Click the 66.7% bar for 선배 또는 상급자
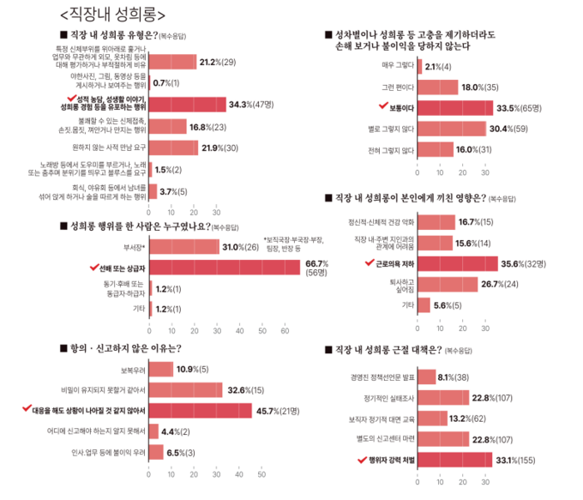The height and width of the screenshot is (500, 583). [225, 268]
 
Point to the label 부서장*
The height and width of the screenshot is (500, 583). [135, 248]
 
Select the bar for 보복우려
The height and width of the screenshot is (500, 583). [161, 369]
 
